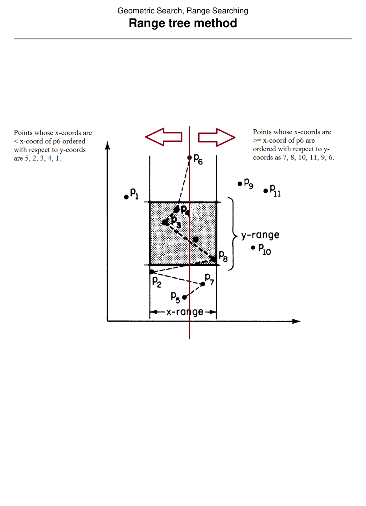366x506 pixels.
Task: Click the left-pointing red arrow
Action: (x=163, y=137)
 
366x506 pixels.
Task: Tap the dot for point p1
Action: (x=127, y=197)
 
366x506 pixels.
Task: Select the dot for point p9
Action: (x=240, y=183)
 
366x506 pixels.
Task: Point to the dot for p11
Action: (x=266, y=191)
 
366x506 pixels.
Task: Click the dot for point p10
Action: (x=253, y=247)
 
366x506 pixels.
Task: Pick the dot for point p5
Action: (x=184, y=297)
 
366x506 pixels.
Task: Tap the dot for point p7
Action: (x=203, y=284)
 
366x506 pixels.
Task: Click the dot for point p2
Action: (x=152, y=272)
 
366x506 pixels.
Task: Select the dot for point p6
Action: (x=189, y=158)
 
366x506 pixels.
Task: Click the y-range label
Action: (x=260, y=235)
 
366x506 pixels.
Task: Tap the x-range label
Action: (x=185, y=312)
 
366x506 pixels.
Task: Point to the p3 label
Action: (x=176, y=222)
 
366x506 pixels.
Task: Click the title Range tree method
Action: (x=183, y=23)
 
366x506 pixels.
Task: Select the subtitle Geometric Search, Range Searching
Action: (x=183, y=11)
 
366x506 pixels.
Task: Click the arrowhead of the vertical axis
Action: (x=108, y=145)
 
